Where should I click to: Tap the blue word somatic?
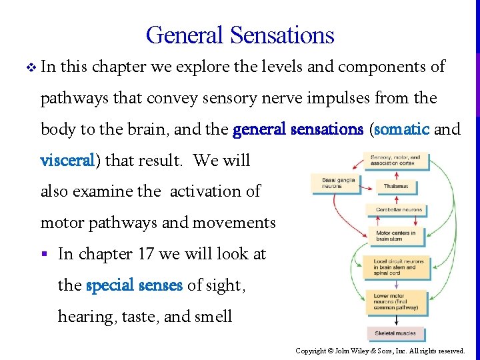coord(402,129)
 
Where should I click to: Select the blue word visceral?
coord(69,160)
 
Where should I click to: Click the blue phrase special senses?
coord(134,285)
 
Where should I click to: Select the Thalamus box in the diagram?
coord(396,186)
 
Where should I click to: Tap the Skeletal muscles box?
coord(395,333)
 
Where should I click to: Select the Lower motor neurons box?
coord(395,301)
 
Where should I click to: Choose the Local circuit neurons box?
coord(395,267)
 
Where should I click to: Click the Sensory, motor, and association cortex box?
coord(395,161)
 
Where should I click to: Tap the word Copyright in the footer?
coord(311,351)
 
